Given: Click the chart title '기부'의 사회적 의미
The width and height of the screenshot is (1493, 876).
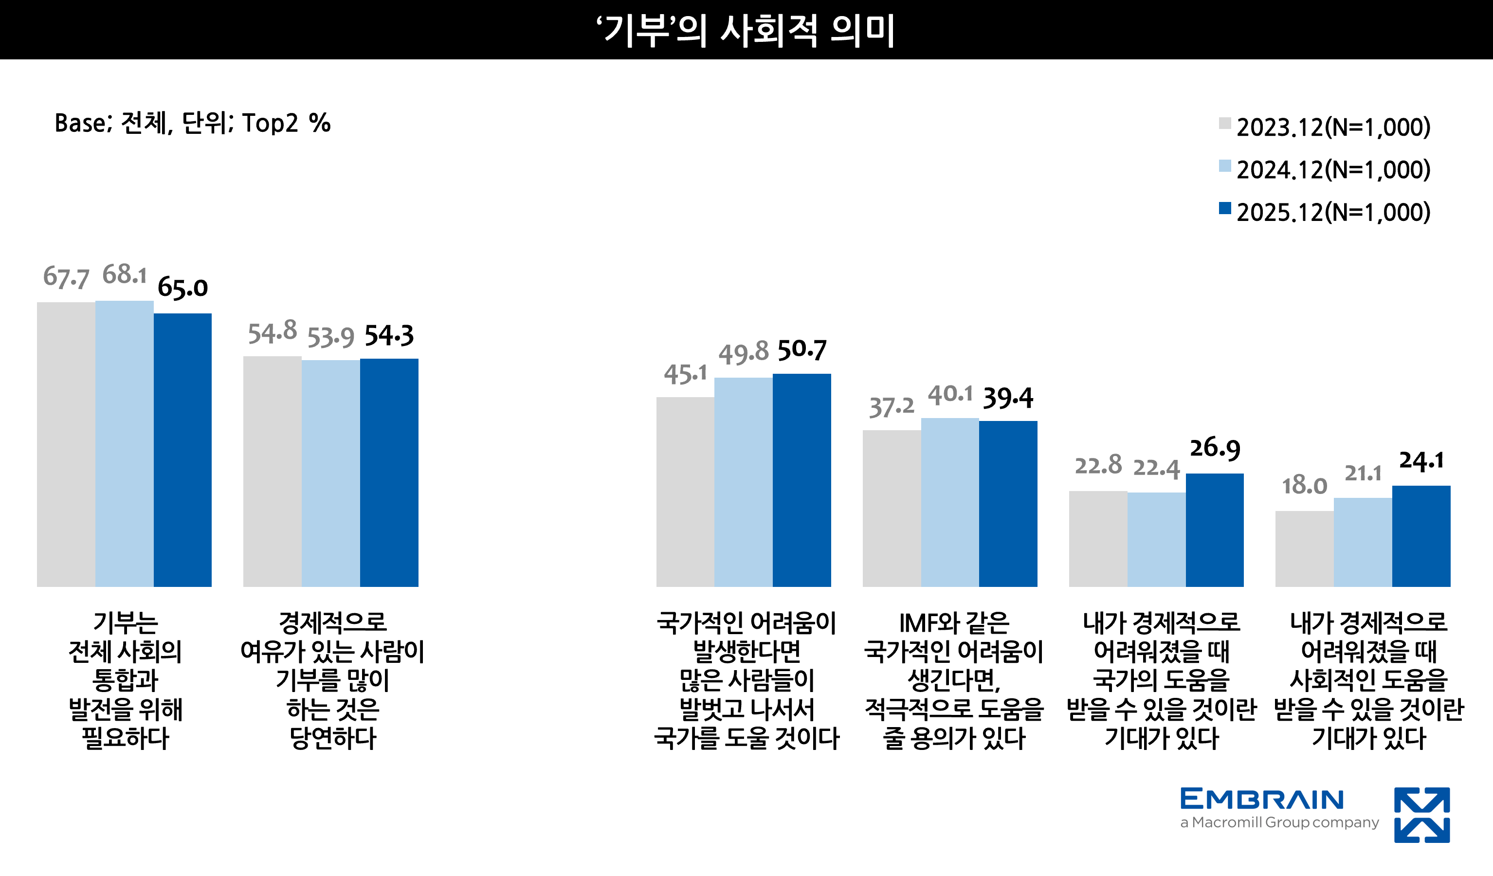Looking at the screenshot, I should pos(746,30).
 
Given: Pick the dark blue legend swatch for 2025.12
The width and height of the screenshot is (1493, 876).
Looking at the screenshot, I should pos(1224,208).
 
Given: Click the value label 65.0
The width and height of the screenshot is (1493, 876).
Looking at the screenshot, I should pos(182,288).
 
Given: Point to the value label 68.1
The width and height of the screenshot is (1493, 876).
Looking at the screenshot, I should pos(125,274).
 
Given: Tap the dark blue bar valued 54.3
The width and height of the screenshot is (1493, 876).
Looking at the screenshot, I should pos(389,473).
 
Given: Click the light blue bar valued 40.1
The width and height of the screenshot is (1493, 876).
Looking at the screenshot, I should pos(950,502).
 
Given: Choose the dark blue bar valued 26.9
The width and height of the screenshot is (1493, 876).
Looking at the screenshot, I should pos(1215,530).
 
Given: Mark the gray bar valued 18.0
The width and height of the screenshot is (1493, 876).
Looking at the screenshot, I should pos(1304,549).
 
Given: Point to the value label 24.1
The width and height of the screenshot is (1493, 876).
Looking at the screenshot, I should pos(1421,460).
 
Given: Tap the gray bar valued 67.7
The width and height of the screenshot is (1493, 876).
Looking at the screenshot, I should pos(66,444).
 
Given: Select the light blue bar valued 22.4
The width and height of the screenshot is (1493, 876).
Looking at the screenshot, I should pos(1156,539).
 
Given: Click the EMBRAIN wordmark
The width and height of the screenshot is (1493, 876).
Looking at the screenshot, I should pos(1262,799).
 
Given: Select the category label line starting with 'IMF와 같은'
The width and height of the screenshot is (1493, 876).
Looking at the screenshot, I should pos(954,623).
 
